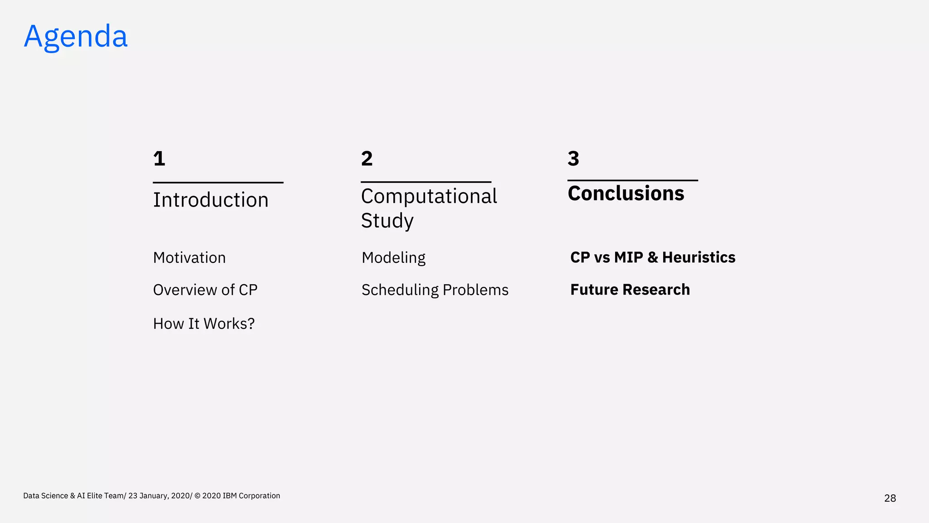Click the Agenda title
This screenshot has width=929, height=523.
click(76, 36)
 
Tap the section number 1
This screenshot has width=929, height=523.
click(159, 158)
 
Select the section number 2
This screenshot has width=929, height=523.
click(367, 158)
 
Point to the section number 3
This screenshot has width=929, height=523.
click(573, 158)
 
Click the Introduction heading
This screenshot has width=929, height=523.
click(210, 200)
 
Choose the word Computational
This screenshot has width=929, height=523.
click(429, 196)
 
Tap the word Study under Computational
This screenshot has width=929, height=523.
click(387, 221)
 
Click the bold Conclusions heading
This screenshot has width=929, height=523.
click(626, 193)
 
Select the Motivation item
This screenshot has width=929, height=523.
click(189, 257)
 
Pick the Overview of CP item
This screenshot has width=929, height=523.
click(205, 290)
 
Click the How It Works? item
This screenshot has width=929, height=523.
click(204, 323)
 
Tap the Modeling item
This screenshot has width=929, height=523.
click(393, 257)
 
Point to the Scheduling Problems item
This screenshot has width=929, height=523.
click(435, 290)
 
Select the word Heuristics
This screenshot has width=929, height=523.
click(699, 257)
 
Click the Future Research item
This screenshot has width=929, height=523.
click(630, 290)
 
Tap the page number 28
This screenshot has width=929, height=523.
click(890, 498)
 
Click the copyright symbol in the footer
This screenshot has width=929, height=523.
click(197, 496)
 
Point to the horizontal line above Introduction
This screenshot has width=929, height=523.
click(218, 183)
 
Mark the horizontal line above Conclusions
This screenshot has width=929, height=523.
click(632, 180)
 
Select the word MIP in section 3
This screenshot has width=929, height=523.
click(628, 257)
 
